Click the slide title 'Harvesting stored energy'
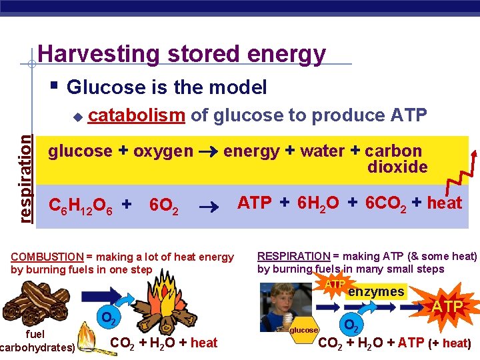(182, 53)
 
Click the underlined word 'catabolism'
(137, 115)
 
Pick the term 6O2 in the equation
(163, 206)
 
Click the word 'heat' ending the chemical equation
(444, 203)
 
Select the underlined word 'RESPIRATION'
(294, 256)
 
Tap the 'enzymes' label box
(376, 292)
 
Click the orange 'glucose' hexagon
(304, 329)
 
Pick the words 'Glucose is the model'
(167, 87)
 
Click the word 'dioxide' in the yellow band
(397, 167)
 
